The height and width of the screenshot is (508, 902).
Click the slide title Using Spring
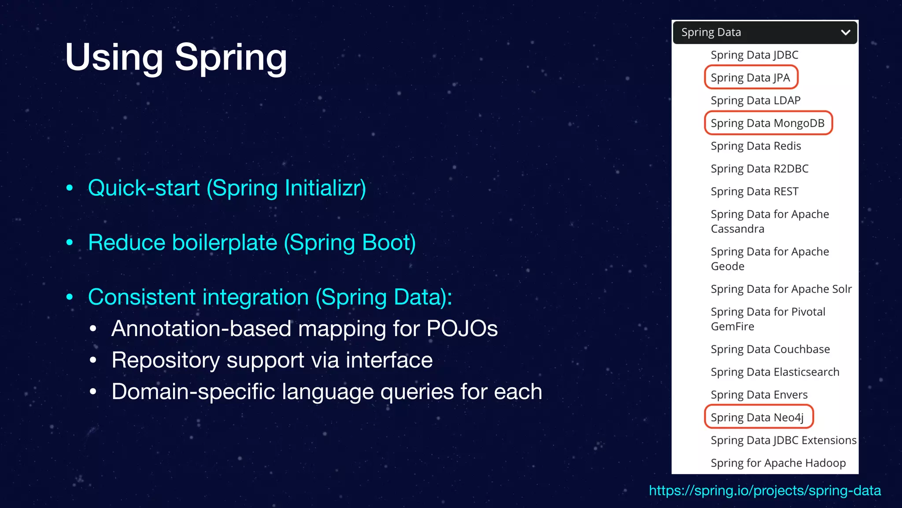click(176, 57)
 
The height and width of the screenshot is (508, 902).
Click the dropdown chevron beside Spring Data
click(845, 33)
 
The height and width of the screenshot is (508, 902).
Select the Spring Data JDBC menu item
click(754, 55)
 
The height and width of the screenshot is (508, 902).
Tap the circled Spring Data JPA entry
click(750, 78)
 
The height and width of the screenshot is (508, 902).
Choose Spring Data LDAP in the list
click(755, 101)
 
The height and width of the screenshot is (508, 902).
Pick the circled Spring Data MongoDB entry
click(767, 123)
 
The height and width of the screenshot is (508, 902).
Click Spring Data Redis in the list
click(755, 146)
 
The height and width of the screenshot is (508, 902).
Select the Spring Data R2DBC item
click(759, 169)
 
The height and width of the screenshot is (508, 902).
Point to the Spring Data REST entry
click(754, 191)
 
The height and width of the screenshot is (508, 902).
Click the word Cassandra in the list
click(737, 229)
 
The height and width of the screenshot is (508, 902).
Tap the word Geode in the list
click(727, 266)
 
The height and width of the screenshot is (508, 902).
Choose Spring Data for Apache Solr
click(781, 289)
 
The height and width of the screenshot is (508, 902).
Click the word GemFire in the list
click(732, 326)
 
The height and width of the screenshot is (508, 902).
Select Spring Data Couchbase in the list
click(770, 349)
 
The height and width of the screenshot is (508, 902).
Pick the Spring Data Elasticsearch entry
click(775, 372)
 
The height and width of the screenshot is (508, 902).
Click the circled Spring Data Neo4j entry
click(757, 417)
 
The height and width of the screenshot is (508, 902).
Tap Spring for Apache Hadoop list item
click(778, 463)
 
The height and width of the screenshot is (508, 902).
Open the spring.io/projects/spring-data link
click(765, 490)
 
